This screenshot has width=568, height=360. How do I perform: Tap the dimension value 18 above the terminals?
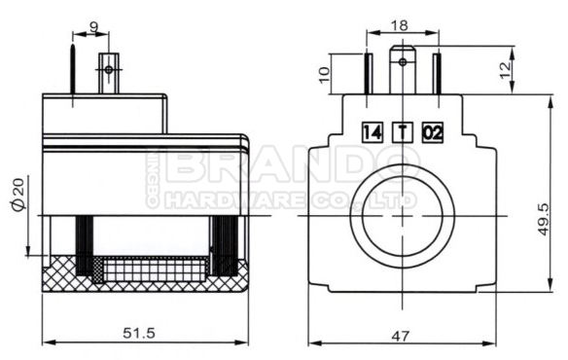tap(401, 23)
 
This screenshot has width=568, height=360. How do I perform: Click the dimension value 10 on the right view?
tap(327, 73)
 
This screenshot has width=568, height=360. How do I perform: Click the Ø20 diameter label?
tap(20, 192)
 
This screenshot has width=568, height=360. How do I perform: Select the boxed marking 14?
tap(371, 131)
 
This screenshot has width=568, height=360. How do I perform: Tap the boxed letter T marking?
tap(402, 131)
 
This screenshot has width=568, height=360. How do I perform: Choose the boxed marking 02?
tap(433, 131)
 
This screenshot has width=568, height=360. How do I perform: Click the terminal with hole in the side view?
tap(110, 71)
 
